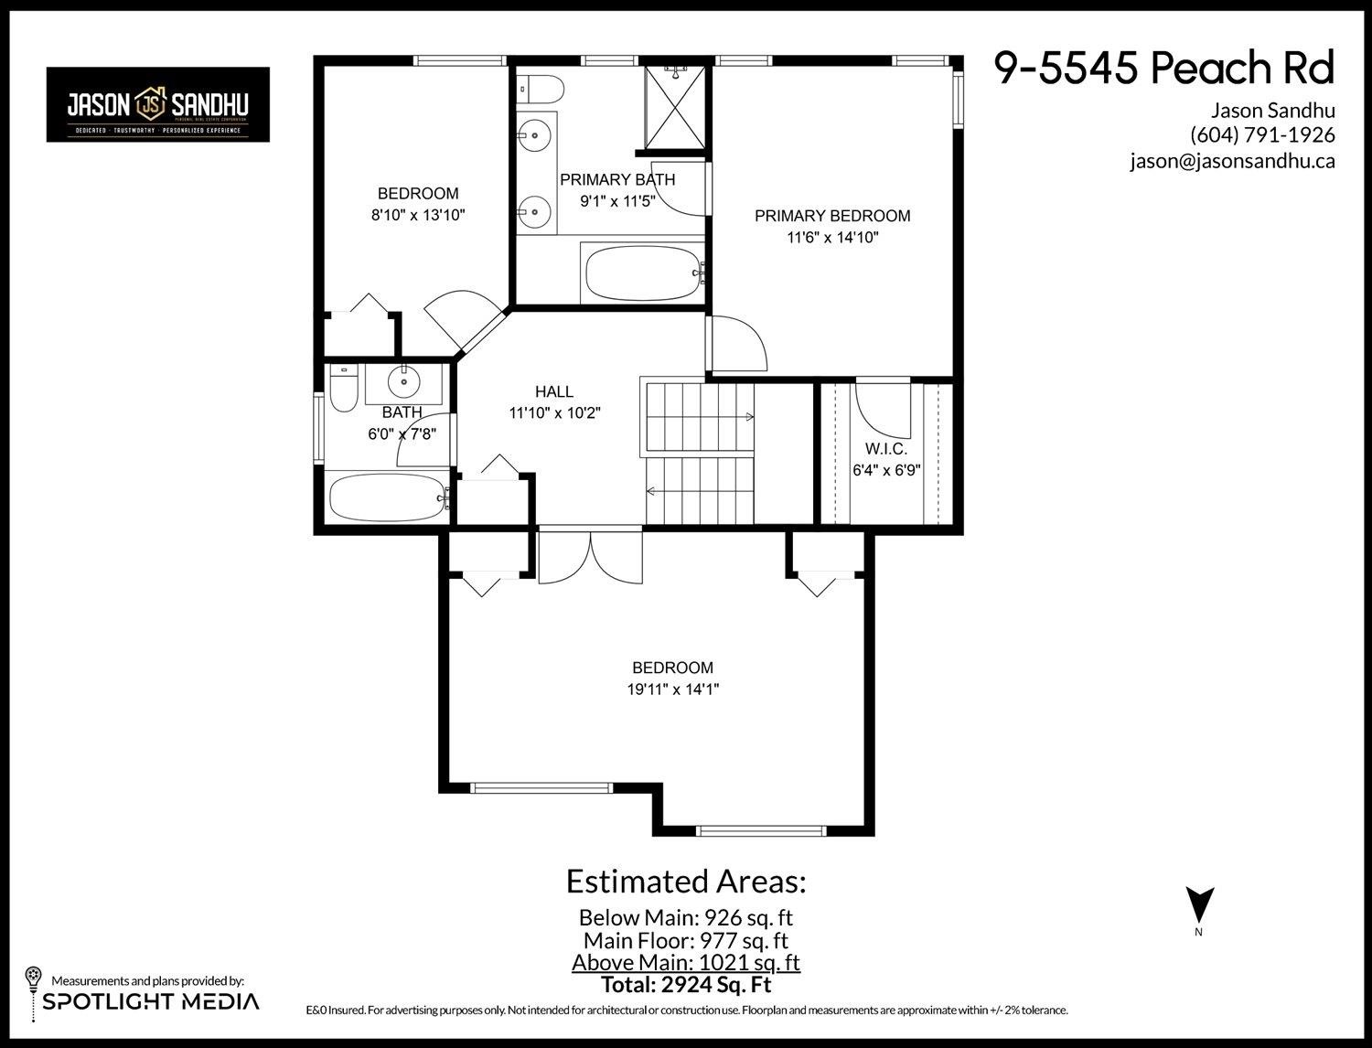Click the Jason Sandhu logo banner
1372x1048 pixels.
point(158,105)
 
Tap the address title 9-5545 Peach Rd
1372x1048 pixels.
point(1164,69)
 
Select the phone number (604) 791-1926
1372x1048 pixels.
point(1262,135)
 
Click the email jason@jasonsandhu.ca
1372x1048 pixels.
point(1232,161)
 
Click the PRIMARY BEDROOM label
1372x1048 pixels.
point(832,217)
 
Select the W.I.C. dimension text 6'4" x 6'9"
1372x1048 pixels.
point(885,471)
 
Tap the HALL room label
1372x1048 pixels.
point(554,392)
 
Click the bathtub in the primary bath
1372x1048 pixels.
point(642,273)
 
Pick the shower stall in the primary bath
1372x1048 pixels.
point(675,106)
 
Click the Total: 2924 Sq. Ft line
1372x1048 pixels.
point(685,985)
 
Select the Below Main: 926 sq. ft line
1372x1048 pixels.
point(685,917)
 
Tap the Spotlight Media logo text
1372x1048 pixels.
point(151,1001)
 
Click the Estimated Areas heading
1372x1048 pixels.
point(685,882)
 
